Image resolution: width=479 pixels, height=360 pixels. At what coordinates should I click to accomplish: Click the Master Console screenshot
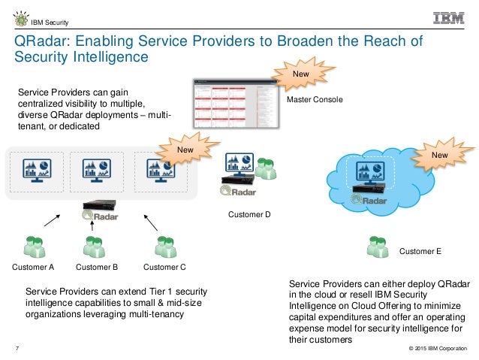[x=234, y=103]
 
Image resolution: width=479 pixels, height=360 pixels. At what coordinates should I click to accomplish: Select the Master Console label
[x=314, y=99]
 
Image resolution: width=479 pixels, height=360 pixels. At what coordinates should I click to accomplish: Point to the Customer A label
[x=34, y=267]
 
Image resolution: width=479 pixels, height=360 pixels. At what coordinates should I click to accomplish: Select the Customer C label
[x=164, y=267]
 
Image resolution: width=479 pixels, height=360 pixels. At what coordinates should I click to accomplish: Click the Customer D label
[x=249, y=214]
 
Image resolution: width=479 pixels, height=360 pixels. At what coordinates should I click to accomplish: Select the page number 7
[x=18, y=349]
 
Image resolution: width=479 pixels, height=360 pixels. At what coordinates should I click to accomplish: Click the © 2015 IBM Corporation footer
[x=436, y=349]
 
